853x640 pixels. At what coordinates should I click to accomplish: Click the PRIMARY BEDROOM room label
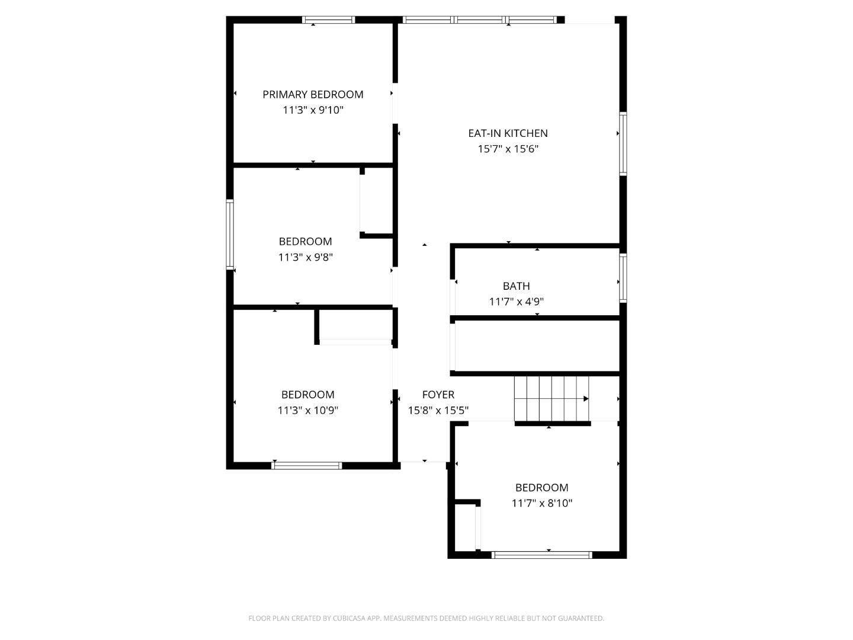[x=313, y=94]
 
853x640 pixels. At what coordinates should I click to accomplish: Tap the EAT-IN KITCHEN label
[x=508, y=133]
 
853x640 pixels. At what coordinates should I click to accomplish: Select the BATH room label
[x=516, y=286]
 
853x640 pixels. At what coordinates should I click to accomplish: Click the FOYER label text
[x=438, y=395]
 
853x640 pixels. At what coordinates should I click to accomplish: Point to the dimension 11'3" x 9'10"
[x=313, y=110]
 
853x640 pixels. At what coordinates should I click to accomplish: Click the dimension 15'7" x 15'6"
[x=508, y=149]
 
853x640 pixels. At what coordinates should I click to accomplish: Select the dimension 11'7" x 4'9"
[x=516, y=302]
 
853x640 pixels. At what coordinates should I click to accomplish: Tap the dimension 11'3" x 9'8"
[x=305, y=257]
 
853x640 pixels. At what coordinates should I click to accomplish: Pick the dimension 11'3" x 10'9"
[x=307, y=410]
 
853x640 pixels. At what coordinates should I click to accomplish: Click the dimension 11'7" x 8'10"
[x=541, y=503]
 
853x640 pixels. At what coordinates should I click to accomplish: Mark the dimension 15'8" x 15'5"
[x=438, y=410]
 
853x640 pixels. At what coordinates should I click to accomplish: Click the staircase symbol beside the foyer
[x=551, y=399]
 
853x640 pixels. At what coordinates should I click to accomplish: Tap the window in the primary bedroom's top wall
[x=328, y=20]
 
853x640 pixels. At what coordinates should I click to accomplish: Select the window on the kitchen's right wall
[x=623, y=143]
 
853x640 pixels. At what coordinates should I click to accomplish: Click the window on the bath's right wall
[x=623, y=277]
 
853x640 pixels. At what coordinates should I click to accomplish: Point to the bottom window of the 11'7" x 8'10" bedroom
[x=541, y=555]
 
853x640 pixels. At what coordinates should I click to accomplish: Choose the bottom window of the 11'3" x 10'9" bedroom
[x=306, y=466]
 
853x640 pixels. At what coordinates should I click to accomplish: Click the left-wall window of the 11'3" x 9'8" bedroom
[x=230, y=235]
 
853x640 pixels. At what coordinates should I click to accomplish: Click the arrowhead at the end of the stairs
[x=586, y=399]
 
